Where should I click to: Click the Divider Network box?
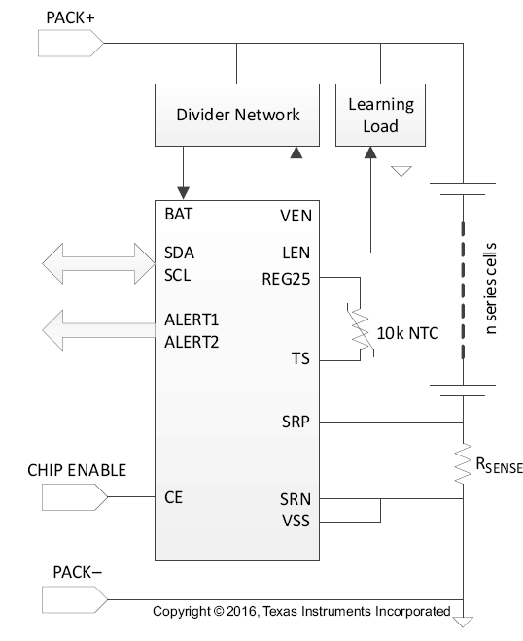point(237,115)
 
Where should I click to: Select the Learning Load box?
point(380,115)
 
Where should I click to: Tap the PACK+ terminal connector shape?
point(71,43)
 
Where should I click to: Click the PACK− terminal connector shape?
point(75,599)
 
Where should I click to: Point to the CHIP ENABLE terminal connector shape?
point(75,497)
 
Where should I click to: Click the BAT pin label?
point(179,215)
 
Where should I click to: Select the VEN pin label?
point(296,216)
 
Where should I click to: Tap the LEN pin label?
point(296,253)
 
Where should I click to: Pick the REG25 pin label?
point(286,279)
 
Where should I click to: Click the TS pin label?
point(300,358)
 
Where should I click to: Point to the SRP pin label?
point(296,422)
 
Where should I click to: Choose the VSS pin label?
point(296,521)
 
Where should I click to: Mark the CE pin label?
point(173,497)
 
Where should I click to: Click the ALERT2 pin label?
point(192,342)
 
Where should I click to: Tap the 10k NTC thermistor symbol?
point(361,330)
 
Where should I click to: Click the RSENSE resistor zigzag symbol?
point(463,463)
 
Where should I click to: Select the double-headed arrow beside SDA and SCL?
point(98,263)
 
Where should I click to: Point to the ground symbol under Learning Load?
point(401,171)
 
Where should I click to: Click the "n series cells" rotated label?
point(490,288)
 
